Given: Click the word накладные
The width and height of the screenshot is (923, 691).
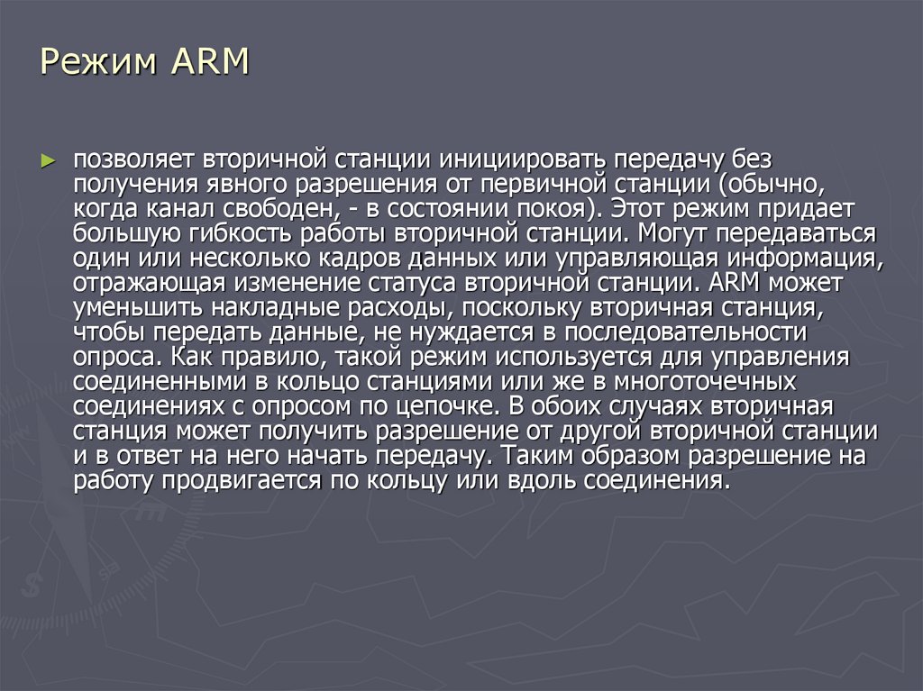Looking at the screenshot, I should coord(268,308).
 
